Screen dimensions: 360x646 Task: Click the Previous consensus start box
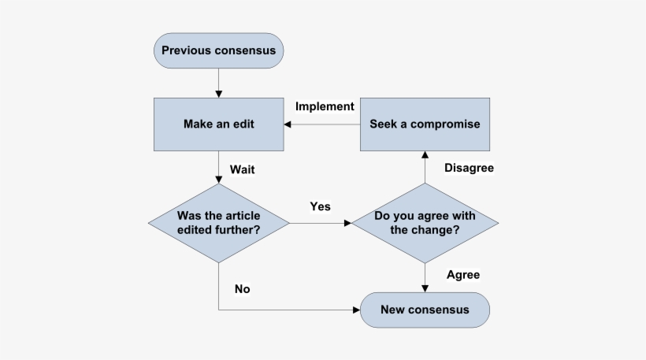218,51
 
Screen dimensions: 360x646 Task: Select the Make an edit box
218,124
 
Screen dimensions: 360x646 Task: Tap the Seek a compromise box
425,124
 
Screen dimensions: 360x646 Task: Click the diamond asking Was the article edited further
218,223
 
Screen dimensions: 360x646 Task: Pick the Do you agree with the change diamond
425,223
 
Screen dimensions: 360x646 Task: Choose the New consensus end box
425,310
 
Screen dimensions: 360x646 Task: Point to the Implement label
325,106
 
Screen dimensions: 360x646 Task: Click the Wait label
243,169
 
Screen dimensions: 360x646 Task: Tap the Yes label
320,206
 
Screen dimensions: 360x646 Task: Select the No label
242,289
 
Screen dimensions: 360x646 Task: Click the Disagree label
470,168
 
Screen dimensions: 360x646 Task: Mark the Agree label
463,275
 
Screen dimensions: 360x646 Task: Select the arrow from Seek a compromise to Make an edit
323,124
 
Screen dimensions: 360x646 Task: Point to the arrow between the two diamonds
320,223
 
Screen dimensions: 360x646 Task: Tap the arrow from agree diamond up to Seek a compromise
425,167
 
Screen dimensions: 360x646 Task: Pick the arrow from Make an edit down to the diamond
218,167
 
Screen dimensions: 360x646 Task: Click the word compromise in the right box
449,124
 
